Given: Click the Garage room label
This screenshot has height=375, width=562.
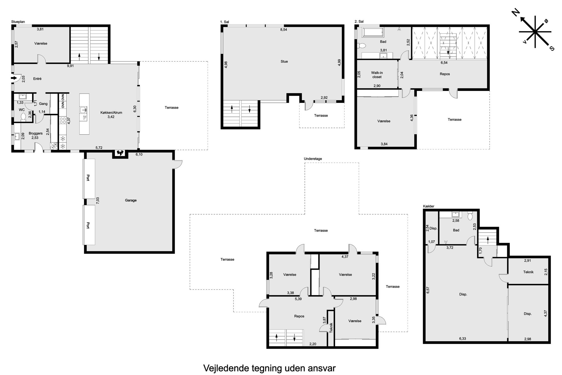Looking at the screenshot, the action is click(x=131, y=200).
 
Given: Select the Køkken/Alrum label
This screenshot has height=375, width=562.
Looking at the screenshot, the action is click(x=111, y=113).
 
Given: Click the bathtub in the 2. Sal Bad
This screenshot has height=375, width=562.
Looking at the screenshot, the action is click(x=373, y=32).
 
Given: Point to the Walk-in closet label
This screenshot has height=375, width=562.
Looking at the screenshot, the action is click(x=377, y=75).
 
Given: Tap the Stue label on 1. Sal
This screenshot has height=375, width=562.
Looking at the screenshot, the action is click(x=284, y=62).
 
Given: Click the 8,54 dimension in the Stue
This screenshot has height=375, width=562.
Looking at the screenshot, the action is click(x=284, y=29).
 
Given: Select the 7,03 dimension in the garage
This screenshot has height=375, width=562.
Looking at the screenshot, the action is click(x=98, y=201).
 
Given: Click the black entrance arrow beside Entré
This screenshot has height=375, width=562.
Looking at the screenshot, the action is click(x=14, y=78).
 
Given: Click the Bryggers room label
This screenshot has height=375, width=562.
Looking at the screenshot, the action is click(x=36, y=134).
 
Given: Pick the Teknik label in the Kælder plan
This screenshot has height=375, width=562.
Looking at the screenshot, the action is click(x=528, y=272).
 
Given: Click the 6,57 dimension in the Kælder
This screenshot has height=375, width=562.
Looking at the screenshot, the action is click(x=428, y=290).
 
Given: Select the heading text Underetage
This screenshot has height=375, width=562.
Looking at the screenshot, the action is click(x=313, y=159).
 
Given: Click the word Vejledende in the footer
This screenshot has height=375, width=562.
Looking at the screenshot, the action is click(x=226, y=368).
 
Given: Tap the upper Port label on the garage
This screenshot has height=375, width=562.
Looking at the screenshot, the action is click(x=88, y=178).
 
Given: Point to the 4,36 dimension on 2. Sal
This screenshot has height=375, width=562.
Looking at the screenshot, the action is click(x=412, y=118).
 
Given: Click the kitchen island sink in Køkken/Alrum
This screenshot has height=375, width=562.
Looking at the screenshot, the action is click(x=84, y=110).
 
